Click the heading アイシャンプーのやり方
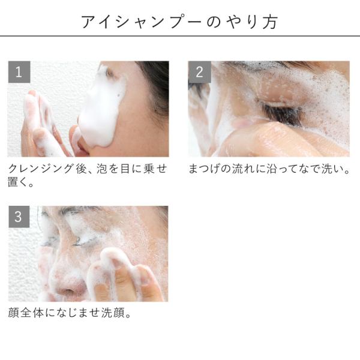[180, 22]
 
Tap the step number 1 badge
[19, 72]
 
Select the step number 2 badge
[200, 72]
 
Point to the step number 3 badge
[19, 217]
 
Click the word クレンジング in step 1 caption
[41, 169]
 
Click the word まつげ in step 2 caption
[205, 169]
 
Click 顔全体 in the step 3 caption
[26, 313]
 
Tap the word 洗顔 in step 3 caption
[113, 313]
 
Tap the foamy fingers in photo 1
[40, 122]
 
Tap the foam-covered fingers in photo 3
[124, 275]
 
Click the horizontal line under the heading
[180, 36]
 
